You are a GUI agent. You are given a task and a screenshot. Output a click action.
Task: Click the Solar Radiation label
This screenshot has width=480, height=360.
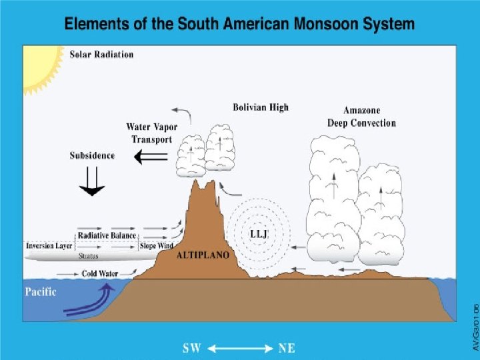point(101,54)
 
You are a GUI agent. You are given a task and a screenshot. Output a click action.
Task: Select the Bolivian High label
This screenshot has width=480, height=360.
point(261,107)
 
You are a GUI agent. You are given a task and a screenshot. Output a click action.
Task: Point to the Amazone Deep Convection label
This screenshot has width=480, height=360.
point(361,117)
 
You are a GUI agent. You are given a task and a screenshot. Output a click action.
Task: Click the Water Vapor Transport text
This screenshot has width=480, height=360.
point(149,133)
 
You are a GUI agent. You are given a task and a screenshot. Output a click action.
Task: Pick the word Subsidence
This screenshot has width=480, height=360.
point(92,155)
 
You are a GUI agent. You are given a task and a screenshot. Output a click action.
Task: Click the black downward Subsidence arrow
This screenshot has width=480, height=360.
point(91,181)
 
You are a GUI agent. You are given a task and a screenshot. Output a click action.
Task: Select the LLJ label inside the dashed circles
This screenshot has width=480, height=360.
point(259,234)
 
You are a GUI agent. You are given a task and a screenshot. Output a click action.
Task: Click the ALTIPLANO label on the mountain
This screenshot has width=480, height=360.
point(203,255)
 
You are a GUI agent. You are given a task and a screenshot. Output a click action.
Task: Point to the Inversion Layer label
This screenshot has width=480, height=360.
point(49,245)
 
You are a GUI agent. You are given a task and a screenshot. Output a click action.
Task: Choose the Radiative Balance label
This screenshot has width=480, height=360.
point(107,235)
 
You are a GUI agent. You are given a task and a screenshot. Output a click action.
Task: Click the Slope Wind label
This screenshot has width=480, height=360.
point(157,245)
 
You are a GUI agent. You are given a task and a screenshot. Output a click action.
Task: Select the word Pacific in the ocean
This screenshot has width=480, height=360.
point(41,291)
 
